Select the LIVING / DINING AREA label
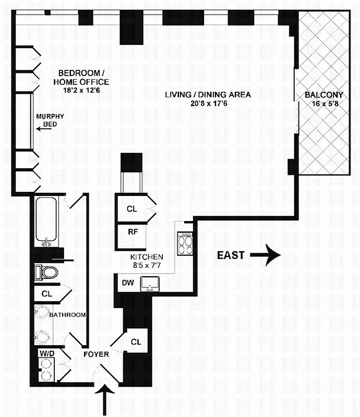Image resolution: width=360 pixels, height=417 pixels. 208,95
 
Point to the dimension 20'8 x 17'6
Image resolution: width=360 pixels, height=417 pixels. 208,103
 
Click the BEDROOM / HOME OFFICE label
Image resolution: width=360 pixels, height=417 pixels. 83,77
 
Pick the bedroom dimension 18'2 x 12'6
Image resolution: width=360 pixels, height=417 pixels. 83,90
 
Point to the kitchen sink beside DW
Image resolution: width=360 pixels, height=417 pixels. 153,282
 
